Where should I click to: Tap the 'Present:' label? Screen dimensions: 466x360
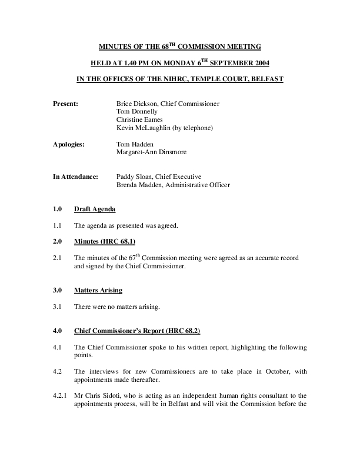(65, 104)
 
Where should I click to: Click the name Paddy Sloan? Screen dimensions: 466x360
(135, 177)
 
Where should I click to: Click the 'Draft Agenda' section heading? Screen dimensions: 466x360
(95, 209)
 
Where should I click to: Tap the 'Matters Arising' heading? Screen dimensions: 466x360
(98, 289)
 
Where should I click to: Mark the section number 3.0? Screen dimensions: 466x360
(57, 289)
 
